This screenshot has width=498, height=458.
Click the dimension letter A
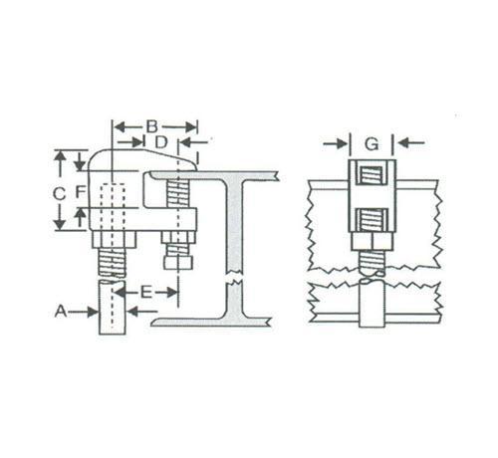coord(61,312)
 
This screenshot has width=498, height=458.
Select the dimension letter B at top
coord(152,126)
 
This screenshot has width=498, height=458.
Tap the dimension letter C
coord(59,194)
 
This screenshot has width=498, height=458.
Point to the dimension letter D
coord(161,142)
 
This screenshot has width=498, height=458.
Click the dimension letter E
coord(146,293)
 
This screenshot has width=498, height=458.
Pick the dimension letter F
coord(81,192)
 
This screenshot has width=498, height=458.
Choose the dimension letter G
coord(372,143)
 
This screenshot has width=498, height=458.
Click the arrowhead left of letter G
coord(343,143)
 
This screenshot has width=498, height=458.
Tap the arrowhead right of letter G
coord(402,143)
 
